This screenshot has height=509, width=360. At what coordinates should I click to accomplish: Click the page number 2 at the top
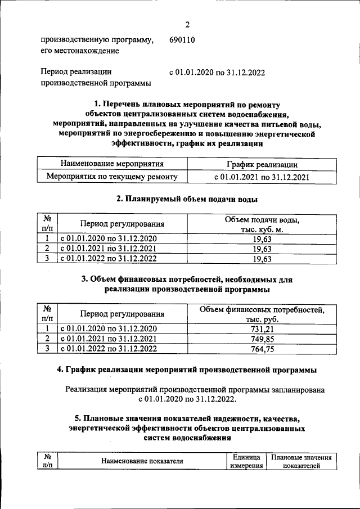click(x=187, y=24)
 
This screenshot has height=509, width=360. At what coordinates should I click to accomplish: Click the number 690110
click(x=183, y=40)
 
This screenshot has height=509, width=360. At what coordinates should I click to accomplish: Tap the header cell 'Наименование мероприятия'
click(x=112, y=164)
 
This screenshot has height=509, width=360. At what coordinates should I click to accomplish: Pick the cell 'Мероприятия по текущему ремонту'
click(x=112, y=177)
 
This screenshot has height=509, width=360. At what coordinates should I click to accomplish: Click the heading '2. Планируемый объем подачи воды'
click(x=187, y=199)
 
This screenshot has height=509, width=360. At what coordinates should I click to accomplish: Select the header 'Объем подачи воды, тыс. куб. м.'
click(x=262, y=224)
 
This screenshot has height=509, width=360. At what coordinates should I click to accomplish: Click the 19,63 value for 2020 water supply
click(x=262, y=238)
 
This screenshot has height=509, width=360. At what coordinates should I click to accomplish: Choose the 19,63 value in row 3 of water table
click(x=262, y=259)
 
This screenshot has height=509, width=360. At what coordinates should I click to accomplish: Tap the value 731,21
click(x=262, y=329)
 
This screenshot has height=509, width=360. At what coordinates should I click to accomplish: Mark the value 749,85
click(x=262, y=339)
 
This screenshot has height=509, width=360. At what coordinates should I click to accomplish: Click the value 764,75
click(x=262, y=349)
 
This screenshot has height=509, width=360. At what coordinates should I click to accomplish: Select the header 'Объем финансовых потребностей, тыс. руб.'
click(x=262, y=314)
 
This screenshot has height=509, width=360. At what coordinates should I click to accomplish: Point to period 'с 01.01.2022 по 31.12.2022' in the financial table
click(x=109, y=349)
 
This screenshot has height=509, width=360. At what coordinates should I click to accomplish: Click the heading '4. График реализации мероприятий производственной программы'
click(x=187, y=370)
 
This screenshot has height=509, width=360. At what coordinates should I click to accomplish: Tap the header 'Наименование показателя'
click(x=142, y=462)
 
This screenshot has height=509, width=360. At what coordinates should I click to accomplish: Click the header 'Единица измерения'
click(x=246, y=462)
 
